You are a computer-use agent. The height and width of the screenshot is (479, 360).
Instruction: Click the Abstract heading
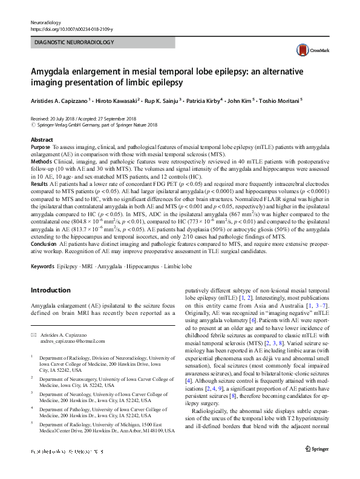click(x=42, y=140)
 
